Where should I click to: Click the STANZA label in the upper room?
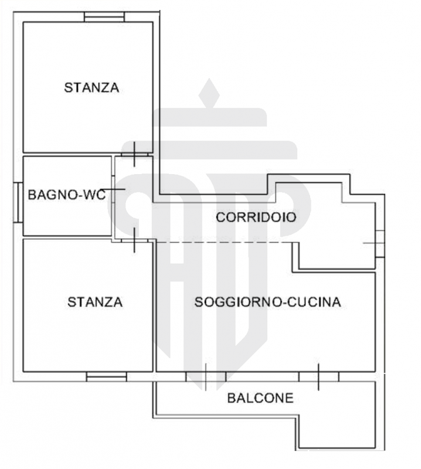pos(91,87)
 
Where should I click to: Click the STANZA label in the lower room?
pos(95,302)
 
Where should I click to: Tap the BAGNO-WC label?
pos(67,195)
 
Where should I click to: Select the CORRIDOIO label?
pos(256,217)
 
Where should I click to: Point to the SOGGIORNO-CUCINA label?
pos(268,302)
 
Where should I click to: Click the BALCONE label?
pos(260,398)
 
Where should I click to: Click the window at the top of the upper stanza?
pos(104,17)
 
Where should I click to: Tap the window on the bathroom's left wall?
pos(18,202)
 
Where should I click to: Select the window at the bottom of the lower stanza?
pos(107,376)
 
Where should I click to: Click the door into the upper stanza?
pos(135,154)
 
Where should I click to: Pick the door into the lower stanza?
pos(135,240)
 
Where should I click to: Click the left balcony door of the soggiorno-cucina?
pos(206,376)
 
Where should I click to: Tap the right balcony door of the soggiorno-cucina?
pos(318,376)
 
